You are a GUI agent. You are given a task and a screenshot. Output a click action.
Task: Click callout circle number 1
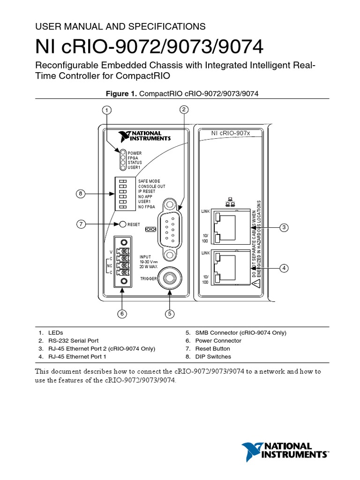pos(107,111)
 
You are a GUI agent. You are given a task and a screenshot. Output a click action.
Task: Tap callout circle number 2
pos(184,110)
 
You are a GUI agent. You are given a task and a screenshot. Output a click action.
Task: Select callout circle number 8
pos(81,194)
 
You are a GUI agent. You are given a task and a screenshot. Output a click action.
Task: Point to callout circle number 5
pos(170,314)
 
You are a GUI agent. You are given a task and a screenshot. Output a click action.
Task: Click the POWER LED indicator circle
pos(123,153)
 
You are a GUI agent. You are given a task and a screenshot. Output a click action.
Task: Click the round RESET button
pos(123,225)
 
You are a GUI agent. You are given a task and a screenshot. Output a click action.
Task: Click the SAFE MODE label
pos(149,181)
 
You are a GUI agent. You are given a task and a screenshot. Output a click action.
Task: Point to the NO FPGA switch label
pos(147,207)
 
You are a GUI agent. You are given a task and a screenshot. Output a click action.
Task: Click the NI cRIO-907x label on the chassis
pos(231,133)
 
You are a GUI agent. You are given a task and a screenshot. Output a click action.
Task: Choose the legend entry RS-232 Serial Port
pos(75,341)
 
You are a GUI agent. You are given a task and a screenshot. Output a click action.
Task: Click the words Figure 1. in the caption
pos(122,94)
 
